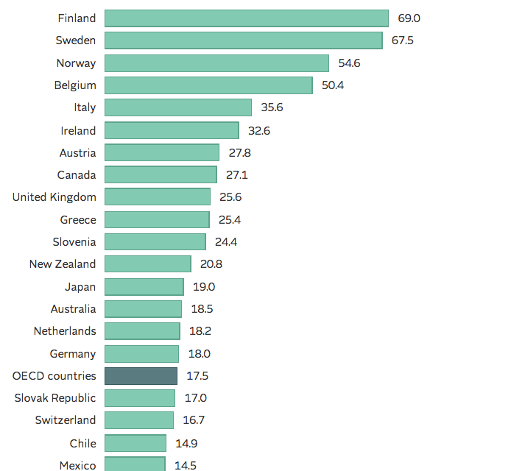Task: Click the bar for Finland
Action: point(246,18)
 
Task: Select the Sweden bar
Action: point(243,40)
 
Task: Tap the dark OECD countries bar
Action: point(141,376)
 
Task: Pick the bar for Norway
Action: point(216,63)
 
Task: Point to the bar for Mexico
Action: point(135,464)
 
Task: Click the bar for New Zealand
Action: point(147,264)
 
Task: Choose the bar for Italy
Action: point(177,107)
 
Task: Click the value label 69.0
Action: point(409,18)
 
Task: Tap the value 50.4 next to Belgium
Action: point(333,85)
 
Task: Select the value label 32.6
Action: point(259,130)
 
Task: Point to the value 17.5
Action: point(197,376)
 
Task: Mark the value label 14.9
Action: point(186,443)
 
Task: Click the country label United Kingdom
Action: point(54,197)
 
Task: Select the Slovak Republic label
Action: point(55,398)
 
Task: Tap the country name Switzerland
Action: point(65,420)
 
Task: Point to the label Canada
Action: point(77,175)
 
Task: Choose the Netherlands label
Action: point(64,331)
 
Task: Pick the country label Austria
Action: point(77,152)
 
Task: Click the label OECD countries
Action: point(54,376)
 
